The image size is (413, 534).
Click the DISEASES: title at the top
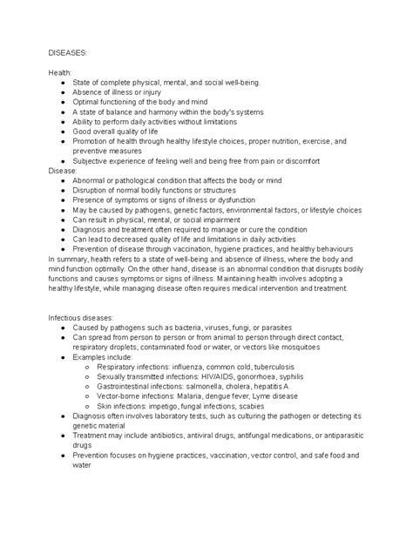[x=69, y=51]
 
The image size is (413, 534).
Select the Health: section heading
[x=60, y=71]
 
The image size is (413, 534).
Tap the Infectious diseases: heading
[x=85, y=317]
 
